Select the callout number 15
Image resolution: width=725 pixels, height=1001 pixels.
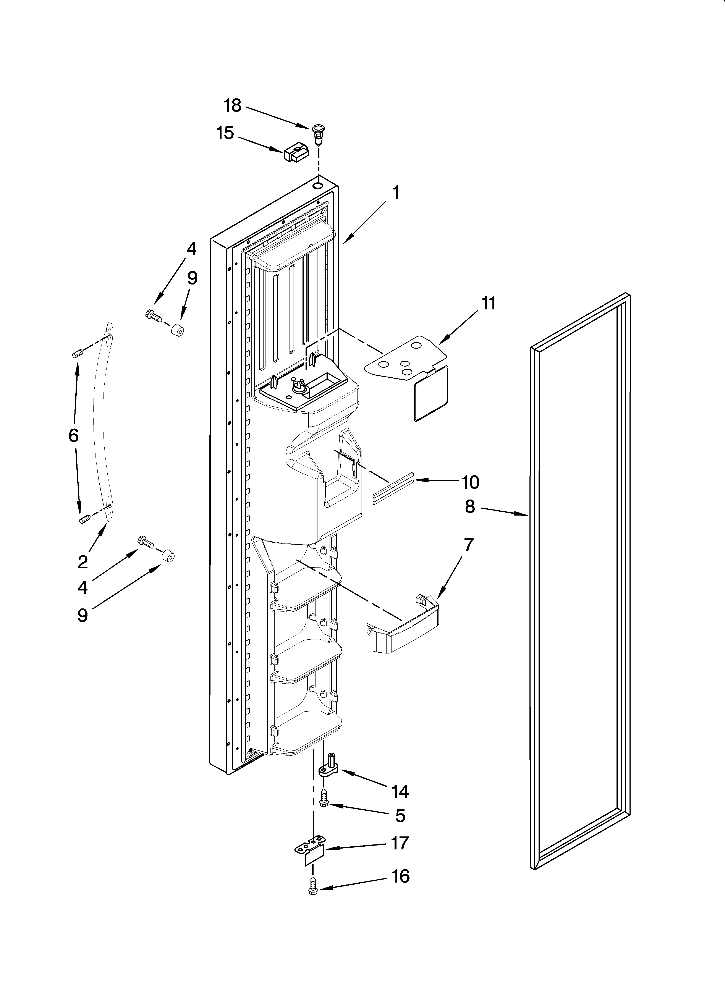pyautogui.click(x=225, y=133)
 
